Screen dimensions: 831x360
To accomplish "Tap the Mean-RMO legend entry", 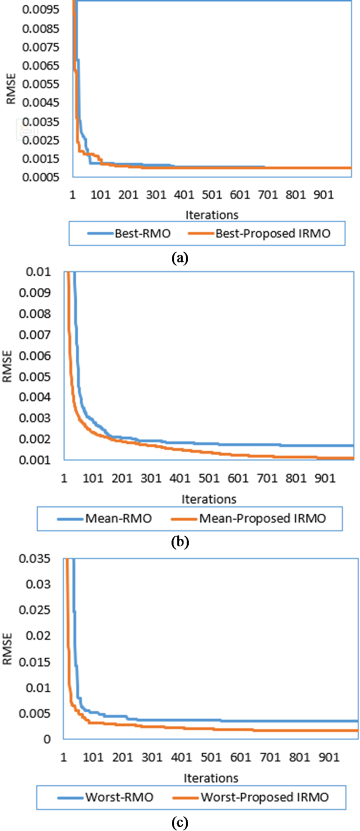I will pyautogui.click(x=105, y=518).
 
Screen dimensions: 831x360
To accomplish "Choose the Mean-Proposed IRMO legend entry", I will pyautogui.click(x=249, y=518).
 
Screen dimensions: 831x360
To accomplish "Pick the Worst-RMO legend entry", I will pyautogui.click(x=106, y=797).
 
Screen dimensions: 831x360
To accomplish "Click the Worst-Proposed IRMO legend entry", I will pyautogui.click(x=251, y=797).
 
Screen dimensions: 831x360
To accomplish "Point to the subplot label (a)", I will pyautogui.click(x=180, y=258).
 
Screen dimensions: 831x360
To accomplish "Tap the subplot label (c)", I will pyautogui.click(x=180, y=822).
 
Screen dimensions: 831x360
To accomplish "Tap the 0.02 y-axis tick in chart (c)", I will pyautogui.click(x=42, y=636).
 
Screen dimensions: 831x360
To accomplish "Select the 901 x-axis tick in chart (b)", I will pyautogui.click(x=325, y=479).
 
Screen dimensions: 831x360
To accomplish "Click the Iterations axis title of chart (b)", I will pyautogui.click(x=209, y=499).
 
